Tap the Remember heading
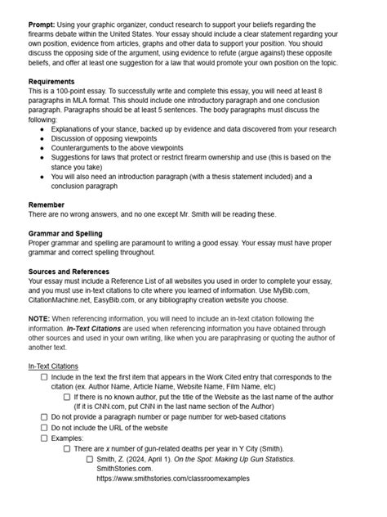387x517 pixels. [x=47, y=204]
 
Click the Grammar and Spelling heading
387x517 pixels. [x=65, y=233]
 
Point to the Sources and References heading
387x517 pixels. [x=69, y=272]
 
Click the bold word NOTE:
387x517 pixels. [x=38, y=319]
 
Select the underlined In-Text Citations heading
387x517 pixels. [x=53, y=366]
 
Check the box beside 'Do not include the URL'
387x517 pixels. [x=44, y=427]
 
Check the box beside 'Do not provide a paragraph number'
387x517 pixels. [x=44, y=416]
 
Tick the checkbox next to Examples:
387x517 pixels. [x=44, y=438]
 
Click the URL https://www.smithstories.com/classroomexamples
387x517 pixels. [x=173, y=479]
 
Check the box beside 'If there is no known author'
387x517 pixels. [x=67, y=397]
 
